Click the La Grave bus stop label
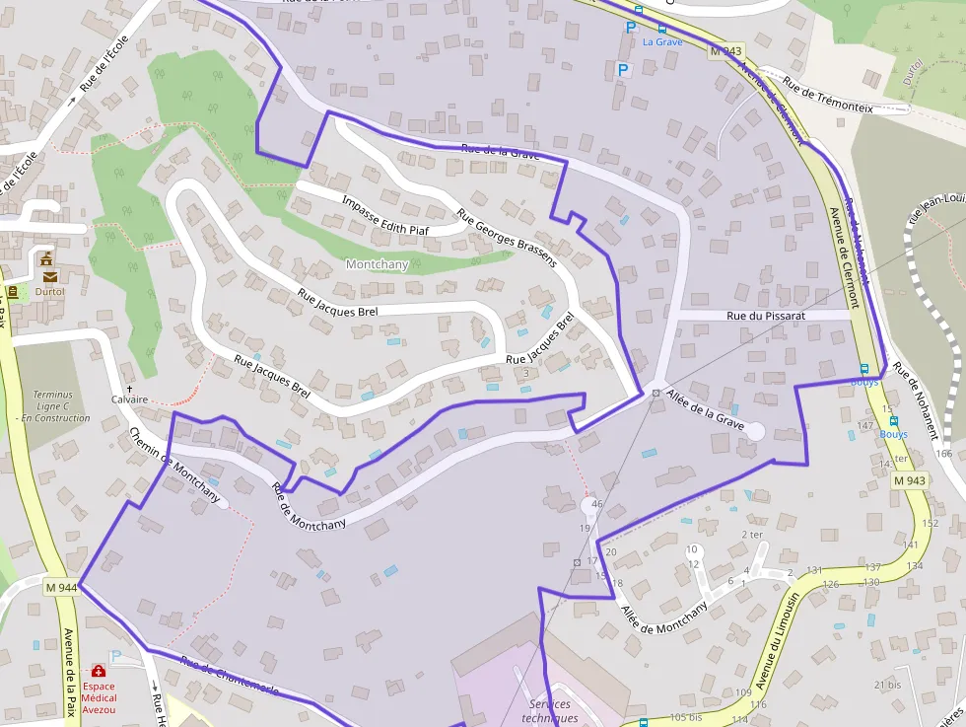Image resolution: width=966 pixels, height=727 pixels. [x=661, y=42]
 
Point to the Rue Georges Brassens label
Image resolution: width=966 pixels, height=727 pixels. [x=507, y=237]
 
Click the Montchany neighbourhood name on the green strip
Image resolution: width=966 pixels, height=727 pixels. [x=377, y=264]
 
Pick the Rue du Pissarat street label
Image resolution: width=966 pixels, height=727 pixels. [x=767, y=316]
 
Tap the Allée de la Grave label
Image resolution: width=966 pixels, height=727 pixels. [x=705, y=408]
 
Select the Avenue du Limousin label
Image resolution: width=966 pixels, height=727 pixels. [x=779, y=639]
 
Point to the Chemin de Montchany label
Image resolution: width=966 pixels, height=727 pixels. [x=174, y=466]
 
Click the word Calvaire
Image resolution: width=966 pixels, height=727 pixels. [x=129, y=400]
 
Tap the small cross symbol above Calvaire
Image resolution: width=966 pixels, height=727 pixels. [x=129, y=389]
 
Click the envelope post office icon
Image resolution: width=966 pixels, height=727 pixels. [x=49, y=277]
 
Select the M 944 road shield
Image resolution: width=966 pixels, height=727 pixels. [x=61, y=587]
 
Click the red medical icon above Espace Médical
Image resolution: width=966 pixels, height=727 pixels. [x=99, y=671]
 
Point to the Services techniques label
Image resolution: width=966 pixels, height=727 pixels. [x=552, y=710]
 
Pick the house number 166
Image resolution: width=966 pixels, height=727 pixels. [x=944, y=454]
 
